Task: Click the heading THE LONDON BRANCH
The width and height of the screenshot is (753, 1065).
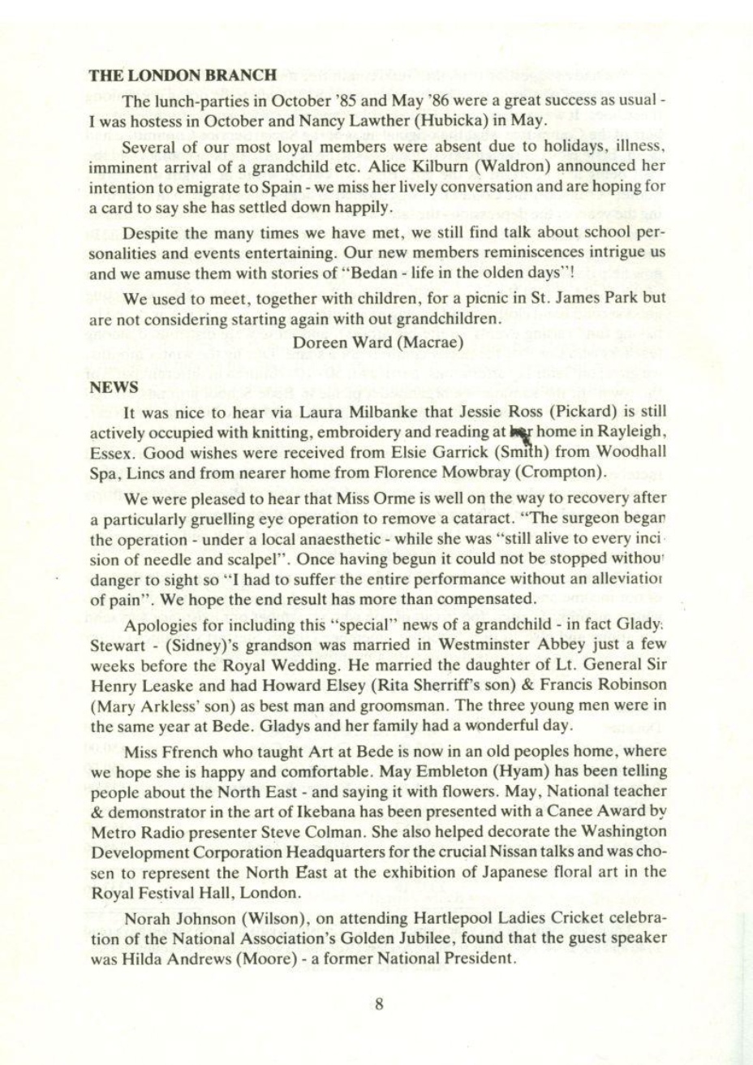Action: (183, 75)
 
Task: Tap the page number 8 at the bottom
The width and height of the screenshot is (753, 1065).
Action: (377, 1003)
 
